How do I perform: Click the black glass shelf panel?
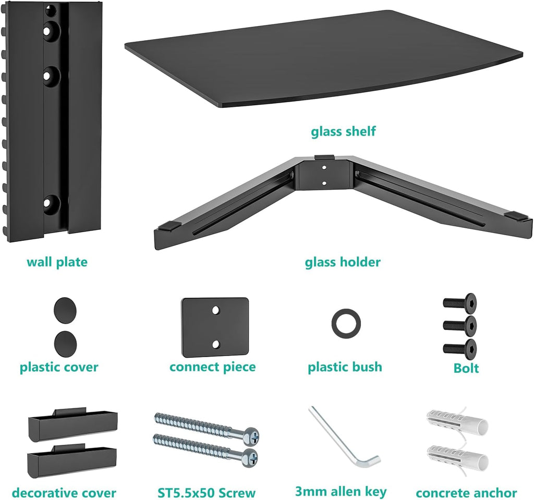[323, 57]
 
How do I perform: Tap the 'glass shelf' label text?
[343, 131]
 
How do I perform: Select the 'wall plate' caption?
[57, 262]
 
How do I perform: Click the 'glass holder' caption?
[343, 262]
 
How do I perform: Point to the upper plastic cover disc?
[65, 311]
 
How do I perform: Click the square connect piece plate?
[214, 327]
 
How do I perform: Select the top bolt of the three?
[460, 302]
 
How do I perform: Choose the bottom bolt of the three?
[460, 348]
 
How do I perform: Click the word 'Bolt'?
[466, 369]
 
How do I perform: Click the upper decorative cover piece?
[72, 425]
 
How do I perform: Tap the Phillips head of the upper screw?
[250, 434]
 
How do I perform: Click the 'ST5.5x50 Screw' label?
[207, 493]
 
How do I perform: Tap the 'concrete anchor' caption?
[466, 493]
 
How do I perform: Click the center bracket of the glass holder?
[324, 175]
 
